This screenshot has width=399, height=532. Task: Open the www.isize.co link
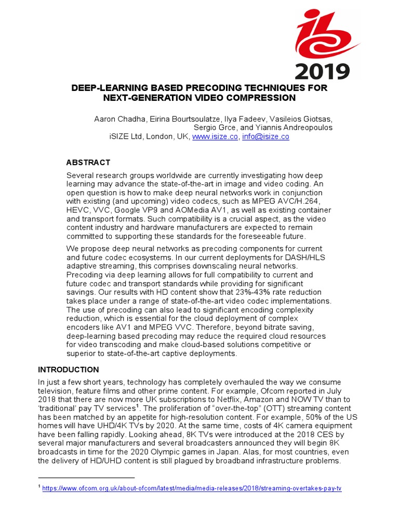(215, 137)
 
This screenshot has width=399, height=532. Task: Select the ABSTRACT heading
(88, 163)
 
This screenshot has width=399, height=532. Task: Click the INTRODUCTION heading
(68, 370)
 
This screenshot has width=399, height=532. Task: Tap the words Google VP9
(132, 210)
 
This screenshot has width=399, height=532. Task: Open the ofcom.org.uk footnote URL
(192, 489)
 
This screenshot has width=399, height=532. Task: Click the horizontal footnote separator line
(86, 477)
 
